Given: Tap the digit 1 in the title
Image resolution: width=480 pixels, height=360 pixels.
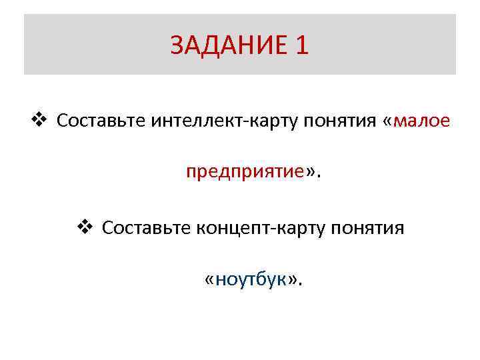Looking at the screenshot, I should [x=301, y=45].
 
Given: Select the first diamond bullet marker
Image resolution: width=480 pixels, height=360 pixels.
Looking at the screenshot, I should [x=38, y=120].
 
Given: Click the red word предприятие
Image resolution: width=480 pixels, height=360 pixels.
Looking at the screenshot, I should [x=245, y=172].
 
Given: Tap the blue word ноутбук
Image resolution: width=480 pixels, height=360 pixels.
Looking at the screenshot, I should [x=253, y=279].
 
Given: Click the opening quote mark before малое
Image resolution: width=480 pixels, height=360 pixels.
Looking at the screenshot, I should [x=388, y=121].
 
